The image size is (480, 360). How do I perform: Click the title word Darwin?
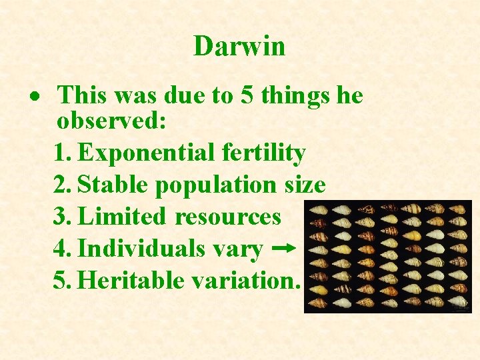click(x=239, y=46)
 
